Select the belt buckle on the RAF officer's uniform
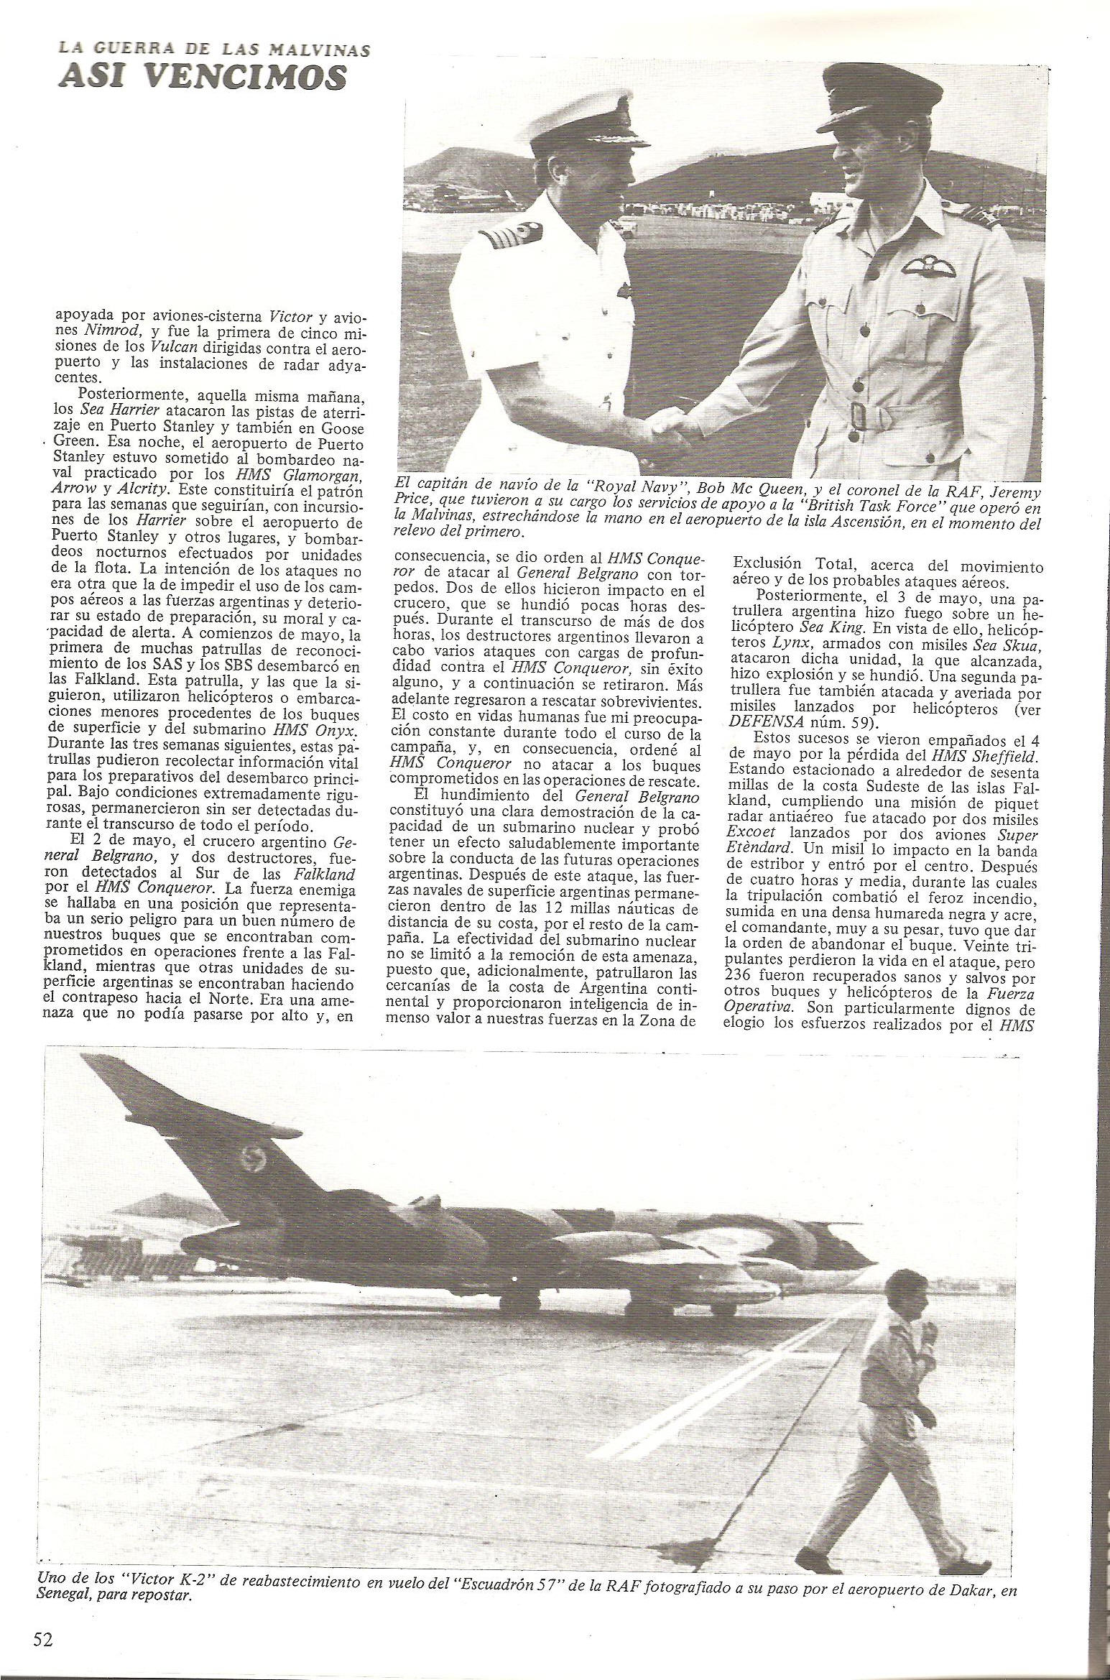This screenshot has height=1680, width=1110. click(x=859, y=415)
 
